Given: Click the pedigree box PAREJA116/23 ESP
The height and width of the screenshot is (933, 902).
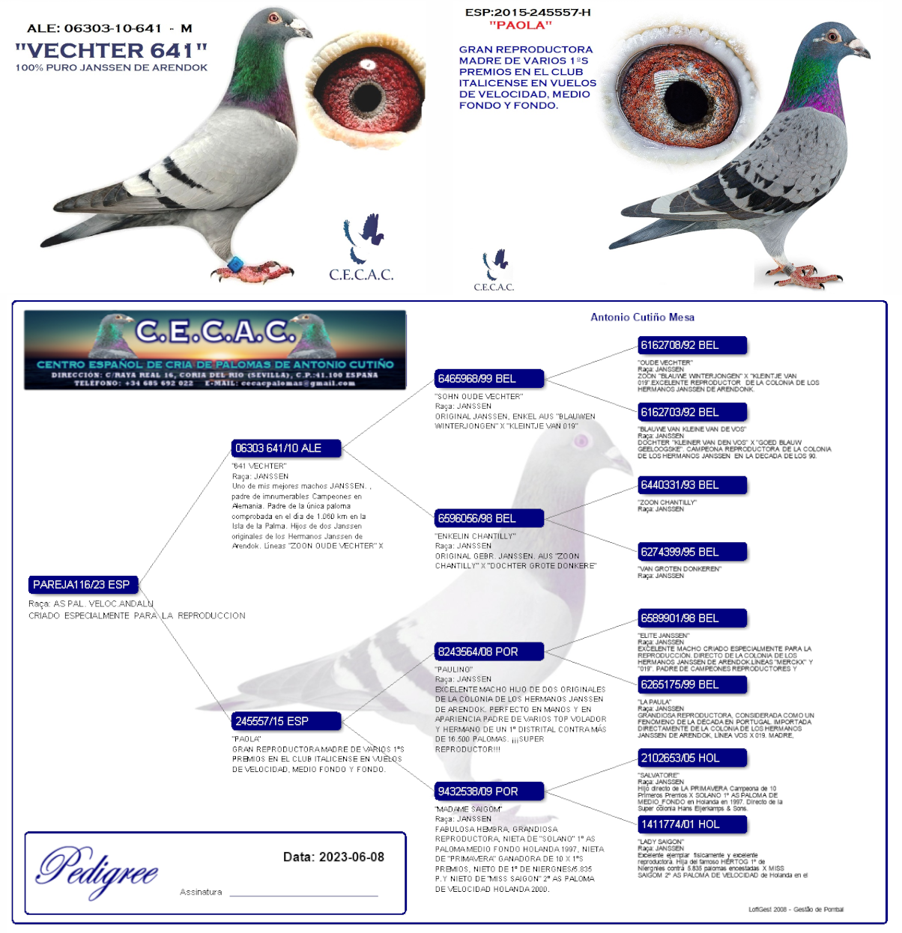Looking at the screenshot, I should click(82, 584).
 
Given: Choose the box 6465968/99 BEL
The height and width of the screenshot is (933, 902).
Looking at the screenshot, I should click(489, 378).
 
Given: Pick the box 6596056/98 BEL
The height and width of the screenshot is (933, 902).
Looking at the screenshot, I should click(489, 518).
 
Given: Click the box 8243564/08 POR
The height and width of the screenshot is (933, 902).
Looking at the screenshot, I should click(489, 651).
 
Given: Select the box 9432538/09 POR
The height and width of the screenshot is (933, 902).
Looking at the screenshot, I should click(489, 791).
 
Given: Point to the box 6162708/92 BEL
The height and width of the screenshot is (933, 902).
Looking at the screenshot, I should click(691, 345).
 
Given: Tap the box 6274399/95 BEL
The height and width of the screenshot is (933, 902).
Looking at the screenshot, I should click(691, 552).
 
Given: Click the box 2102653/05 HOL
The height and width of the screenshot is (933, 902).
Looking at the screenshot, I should click(691, 758).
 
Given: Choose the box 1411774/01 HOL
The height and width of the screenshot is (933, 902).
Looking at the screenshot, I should click(691, 824).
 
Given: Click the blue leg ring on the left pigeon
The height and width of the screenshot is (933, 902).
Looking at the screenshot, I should click(235, 264).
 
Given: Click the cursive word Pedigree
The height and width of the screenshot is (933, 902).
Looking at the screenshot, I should click(97, 871).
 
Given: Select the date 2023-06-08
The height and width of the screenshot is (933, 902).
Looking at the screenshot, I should click(351, 857).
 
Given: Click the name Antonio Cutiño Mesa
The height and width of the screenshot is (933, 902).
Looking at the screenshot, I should click(642, 317).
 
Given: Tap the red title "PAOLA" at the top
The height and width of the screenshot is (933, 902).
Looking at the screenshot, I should click(520, 25).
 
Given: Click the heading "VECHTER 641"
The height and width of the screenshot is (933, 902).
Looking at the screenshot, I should click(111, 50).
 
